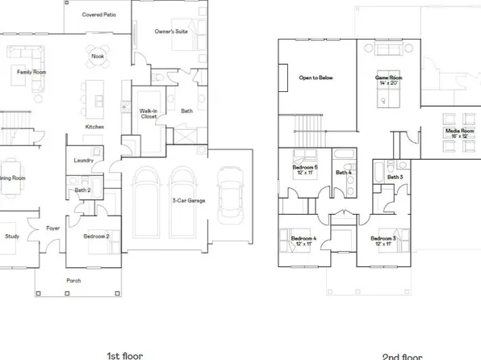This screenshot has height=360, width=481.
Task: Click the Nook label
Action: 97,57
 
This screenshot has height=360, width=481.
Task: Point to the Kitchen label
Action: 95,127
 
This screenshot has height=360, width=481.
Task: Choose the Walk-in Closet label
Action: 148,114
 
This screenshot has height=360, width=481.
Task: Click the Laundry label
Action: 83,160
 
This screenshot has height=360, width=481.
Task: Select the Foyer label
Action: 53,228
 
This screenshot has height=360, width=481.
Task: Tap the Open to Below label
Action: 316,78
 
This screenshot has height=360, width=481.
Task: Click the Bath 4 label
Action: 344,173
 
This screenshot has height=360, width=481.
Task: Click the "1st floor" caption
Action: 126,354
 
